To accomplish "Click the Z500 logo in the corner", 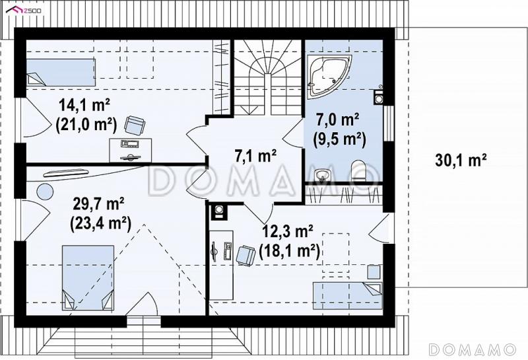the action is pos(24,10).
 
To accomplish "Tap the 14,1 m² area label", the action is pos(84,105).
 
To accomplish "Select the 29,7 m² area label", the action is pos(98,204).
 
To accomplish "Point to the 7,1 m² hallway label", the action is pos(255,156).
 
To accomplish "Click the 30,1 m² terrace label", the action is pos(461,160).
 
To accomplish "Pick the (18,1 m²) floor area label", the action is pos(290,252).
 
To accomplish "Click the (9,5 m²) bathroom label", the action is pos(339,139).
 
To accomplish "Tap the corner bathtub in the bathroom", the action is pos(329,76).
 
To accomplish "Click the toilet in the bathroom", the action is pos(358,170).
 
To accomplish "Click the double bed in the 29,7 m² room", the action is pos(88,277).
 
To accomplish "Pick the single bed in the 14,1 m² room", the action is pos(61,73).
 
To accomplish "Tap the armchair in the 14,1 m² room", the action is pos(135,126).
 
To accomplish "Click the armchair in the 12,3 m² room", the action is pos(246,256).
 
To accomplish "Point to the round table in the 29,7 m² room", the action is pos(45,192).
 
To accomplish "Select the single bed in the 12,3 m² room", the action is pos(348,296).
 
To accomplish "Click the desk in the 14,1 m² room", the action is pos(131,150).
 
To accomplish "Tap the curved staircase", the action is pos(268,77).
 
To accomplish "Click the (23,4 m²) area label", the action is pos(101,223).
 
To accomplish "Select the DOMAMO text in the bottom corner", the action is pos(473,349).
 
